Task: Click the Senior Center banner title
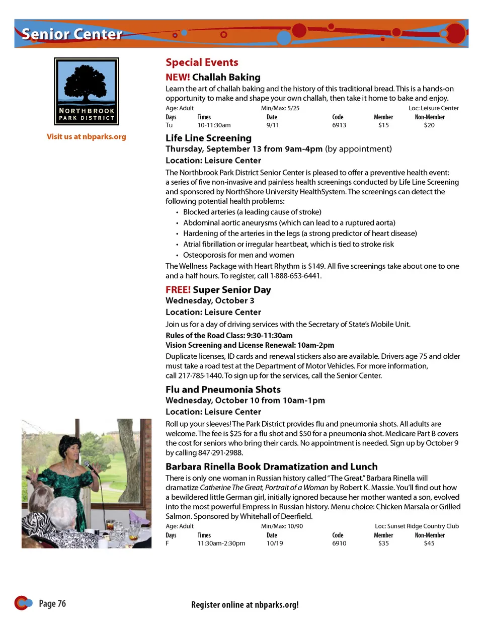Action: point(72,34)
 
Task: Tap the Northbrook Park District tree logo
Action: point(87,91)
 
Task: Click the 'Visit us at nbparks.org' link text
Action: point(87,136)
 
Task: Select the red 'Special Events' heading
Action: point(202,62)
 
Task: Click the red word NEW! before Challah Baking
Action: point(178,77)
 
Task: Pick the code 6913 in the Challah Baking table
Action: point(339,125)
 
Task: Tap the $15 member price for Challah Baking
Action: point(383,125)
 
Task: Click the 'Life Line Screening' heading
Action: point(208,138)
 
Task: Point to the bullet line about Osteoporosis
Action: point(238,255)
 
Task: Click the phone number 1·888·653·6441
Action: point(295,276)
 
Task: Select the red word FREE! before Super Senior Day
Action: point(178,290)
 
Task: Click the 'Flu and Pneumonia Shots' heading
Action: point(223,389)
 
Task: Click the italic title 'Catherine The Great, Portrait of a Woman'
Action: point(264,487)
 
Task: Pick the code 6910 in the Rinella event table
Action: point(339,543)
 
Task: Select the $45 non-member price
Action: point(429,543)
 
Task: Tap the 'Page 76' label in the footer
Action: point(52,603)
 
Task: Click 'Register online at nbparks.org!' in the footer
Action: point(245,605)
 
